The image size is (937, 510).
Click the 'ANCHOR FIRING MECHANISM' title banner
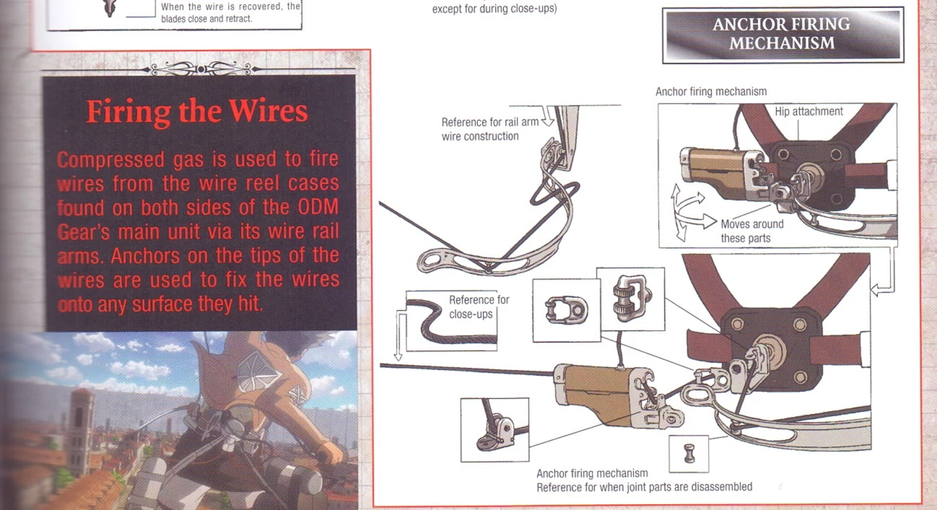(782, 34)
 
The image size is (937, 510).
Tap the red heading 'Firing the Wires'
(197, 111)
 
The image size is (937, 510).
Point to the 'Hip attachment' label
(808, 111)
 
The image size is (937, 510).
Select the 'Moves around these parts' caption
(751, 231)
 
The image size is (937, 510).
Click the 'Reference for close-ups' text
(478, 307)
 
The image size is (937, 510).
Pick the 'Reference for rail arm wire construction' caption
(489, 129)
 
